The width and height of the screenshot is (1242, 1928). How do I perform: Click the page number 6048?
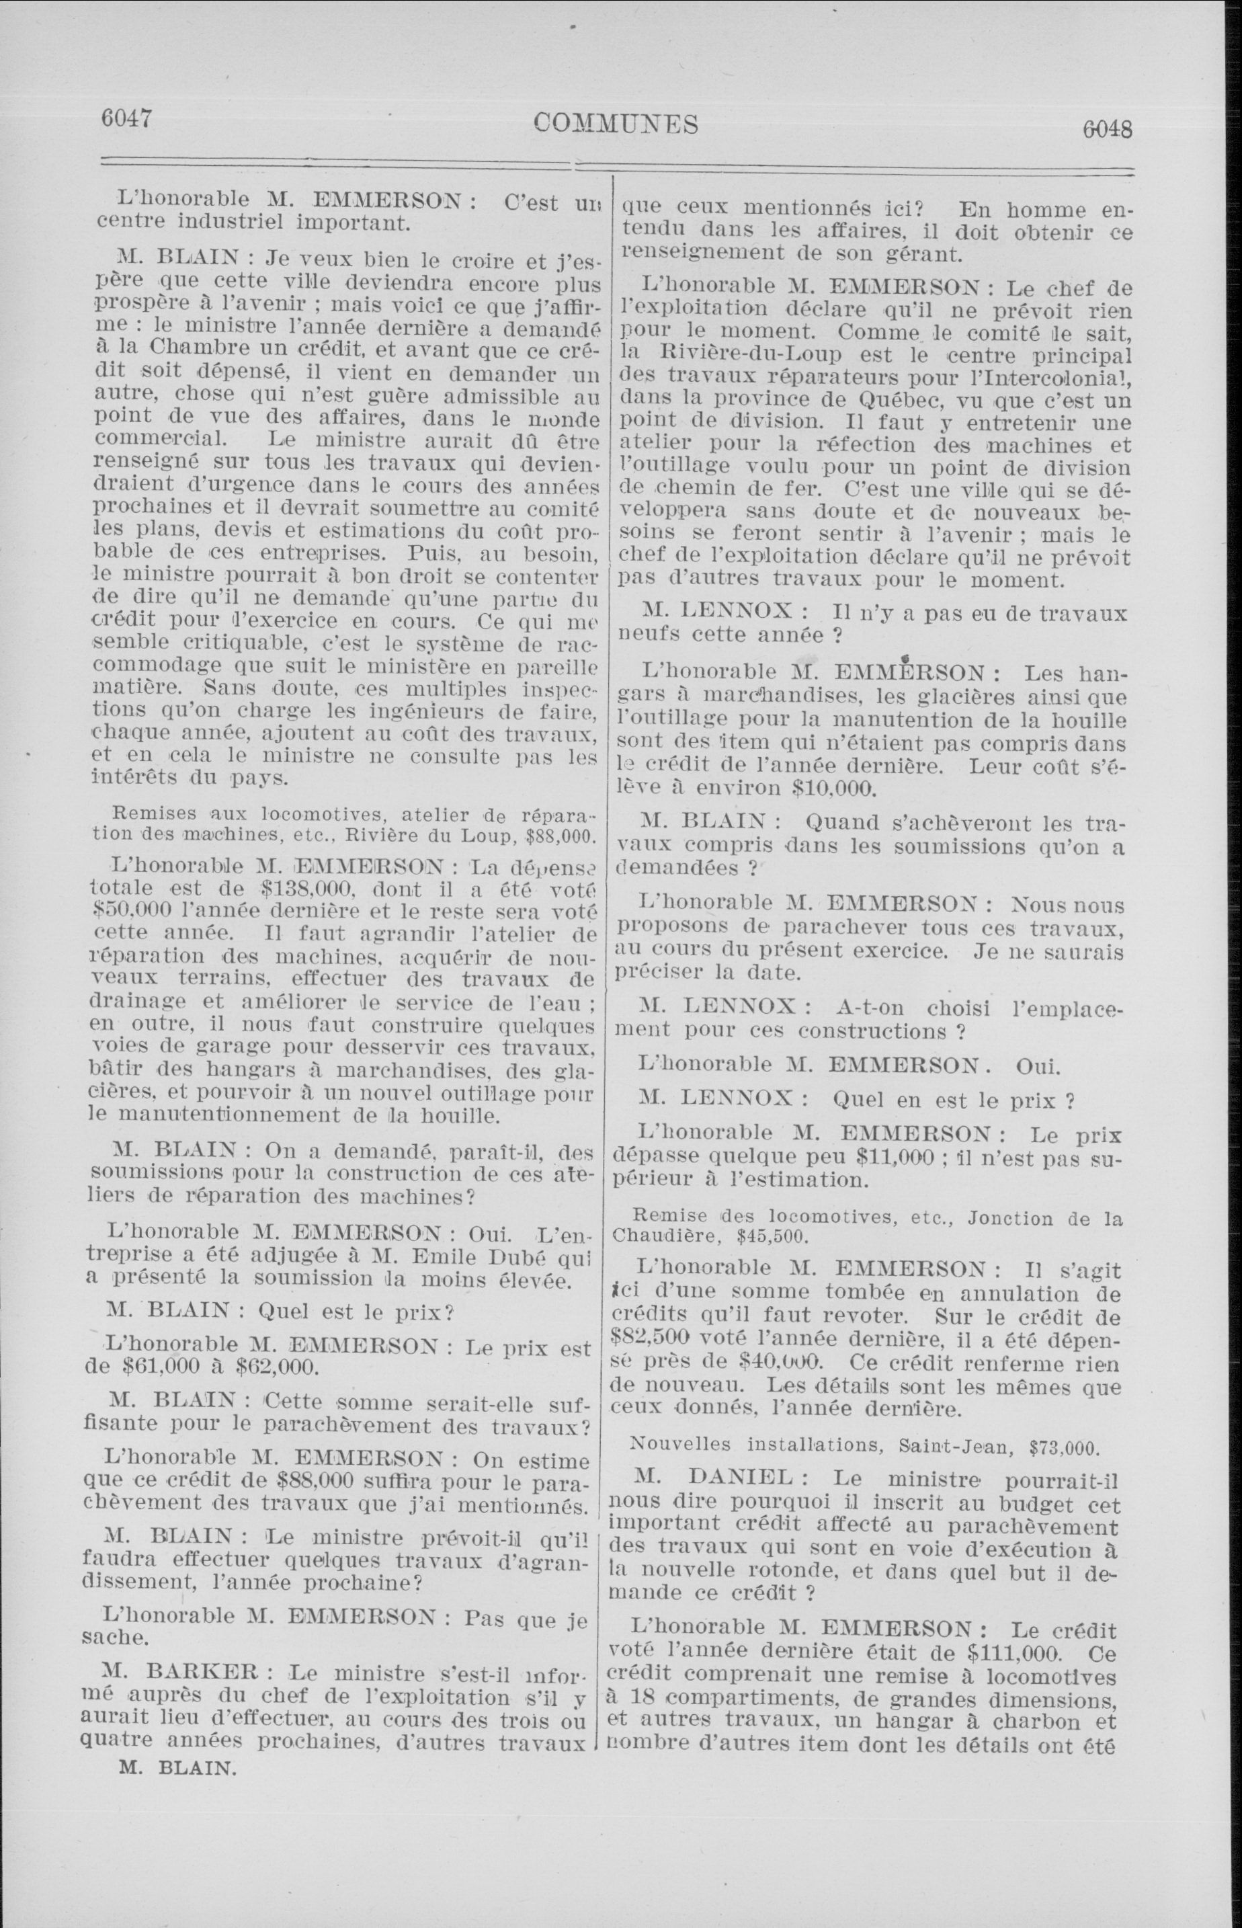[1108, 129]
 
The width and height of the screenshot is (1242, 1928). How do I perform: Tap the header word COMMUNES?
[616, 124]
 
